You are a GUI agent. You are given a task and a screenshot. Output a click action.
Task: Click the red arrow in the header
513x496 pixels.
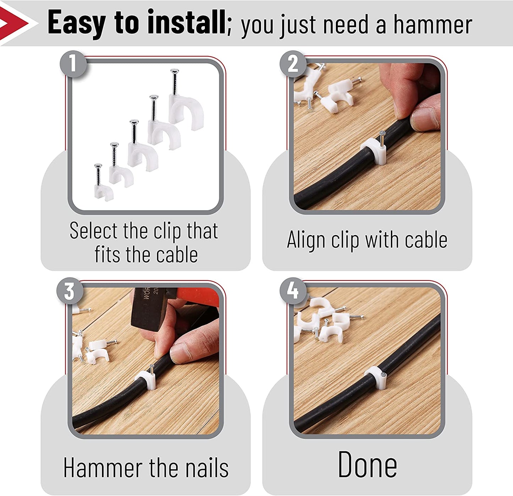tap(13, 23)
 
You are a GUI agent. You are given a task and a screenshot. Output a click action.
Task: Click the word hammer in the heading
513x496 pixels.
tap(433, 25)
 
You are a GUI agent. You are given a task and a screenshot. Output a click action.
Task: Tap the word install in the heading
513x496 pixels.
tap(186, 22)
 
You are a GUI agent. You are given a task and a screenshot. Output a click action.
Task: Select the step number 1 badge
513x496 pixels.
tap(73, 64)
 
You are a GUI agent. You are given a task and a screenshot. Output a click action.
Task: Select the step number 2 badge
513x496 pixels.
tap(293, 64)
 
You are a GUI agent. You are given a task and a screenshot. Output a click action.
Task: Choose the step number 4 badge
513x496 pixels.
tap(293, 291)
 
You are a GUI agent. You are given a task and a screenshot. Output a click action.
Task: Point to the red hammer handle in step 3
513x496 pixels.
tap(198, 297)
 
